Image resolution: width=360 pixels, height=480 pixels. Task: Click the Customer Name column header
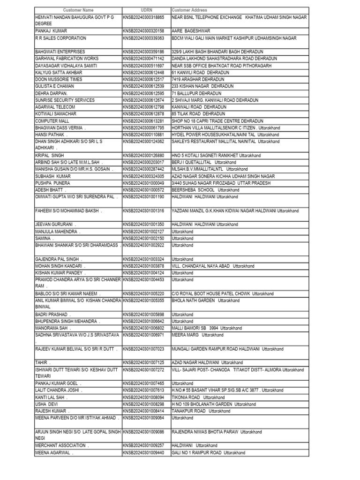pyautogui.click(x=78, y=10)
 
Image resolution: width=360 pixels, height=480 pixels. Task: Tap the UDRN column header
pyautogui.click(x=146, y=10)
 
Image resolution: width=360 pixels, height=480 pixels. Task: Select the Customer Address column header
pyautogui.click(x=189, y=10)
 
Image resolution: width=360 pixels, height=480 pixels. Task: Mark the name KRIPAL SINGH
pyautogui.click(x=50, y=155)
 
